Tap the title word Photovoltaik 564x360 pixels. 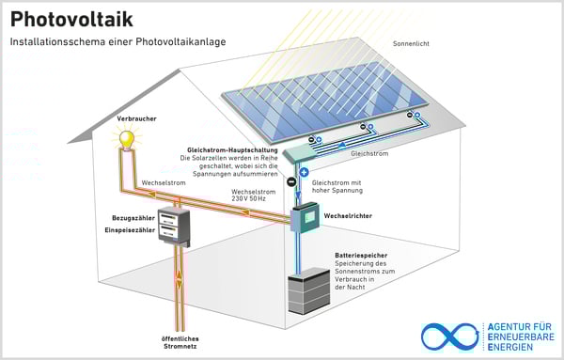[71, 20]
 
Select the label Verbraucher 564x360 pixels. [137, 119]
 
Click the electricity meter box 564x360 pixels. [173, 227]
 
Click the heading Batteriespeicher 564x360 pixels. [362, 255]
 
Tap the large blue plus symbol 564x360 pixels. [304, 173]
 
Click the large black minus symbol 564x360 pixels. [291, 181]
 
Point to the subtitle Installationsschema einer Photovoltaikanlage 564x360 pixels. [118, 43]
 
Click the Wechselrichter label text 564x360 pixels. [351, 215]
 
